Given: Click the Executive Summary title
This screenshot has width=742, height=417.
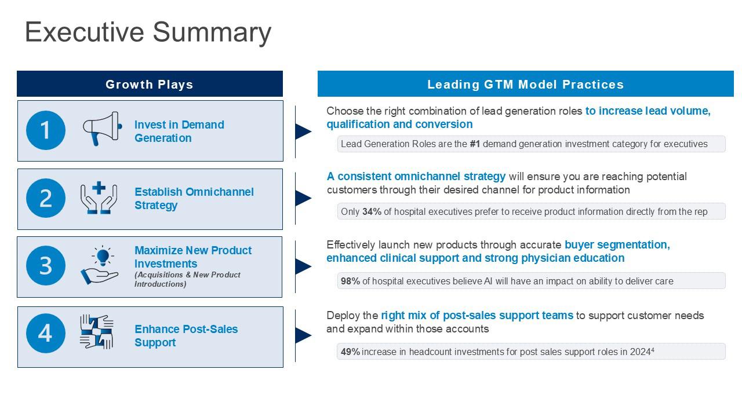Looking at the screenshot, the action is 148,32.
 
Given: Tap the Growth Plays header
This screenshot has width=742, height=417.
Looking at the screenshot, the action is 150,85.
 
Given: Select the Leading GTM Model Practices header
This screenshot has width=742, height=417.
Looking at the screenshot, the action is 525,85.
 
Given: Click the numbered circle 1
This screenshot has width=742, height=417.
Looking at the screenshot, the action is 46,130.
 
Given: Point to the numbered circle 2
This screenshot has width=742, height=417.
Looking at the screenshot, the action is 46,198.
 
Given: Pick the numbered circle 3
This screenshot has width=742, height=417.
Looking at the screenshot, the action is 46,265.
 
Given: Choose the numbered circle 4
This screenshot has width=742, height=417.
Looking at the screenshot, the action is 46,333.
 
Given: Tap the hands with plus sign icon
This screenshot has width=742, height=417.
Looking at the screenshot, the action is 99,197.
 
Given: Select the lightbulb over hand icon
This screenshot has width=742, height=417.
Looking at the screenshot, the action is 99,265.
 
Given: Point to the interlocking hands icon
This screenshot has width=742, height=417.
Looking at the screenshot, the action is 97,332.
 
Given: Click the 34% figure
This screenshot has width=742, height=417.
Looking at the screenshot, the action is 372,211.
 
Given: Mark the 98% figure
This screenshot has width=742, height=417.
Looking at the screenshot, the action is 350,281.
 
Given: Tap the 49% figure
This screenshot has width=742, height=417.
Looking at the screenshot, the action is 350,352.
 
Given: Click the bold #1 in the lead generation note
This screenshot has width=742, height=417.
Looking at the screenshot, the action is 475,144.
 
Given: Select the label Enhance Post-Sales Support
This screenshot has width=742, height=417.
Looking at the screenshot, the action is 186,335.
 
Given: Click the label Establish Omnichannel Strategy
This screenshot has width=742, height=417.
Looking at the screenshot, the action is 194,198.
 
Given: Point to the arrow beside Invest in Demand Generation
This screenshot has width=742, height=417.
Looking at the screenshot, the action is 303,131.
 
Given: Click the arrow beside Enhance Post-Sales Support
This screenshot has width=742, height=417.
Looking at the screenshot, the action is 303,335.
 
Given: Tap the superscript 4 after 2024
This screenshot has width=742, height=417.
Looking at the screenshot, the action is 653,349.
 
